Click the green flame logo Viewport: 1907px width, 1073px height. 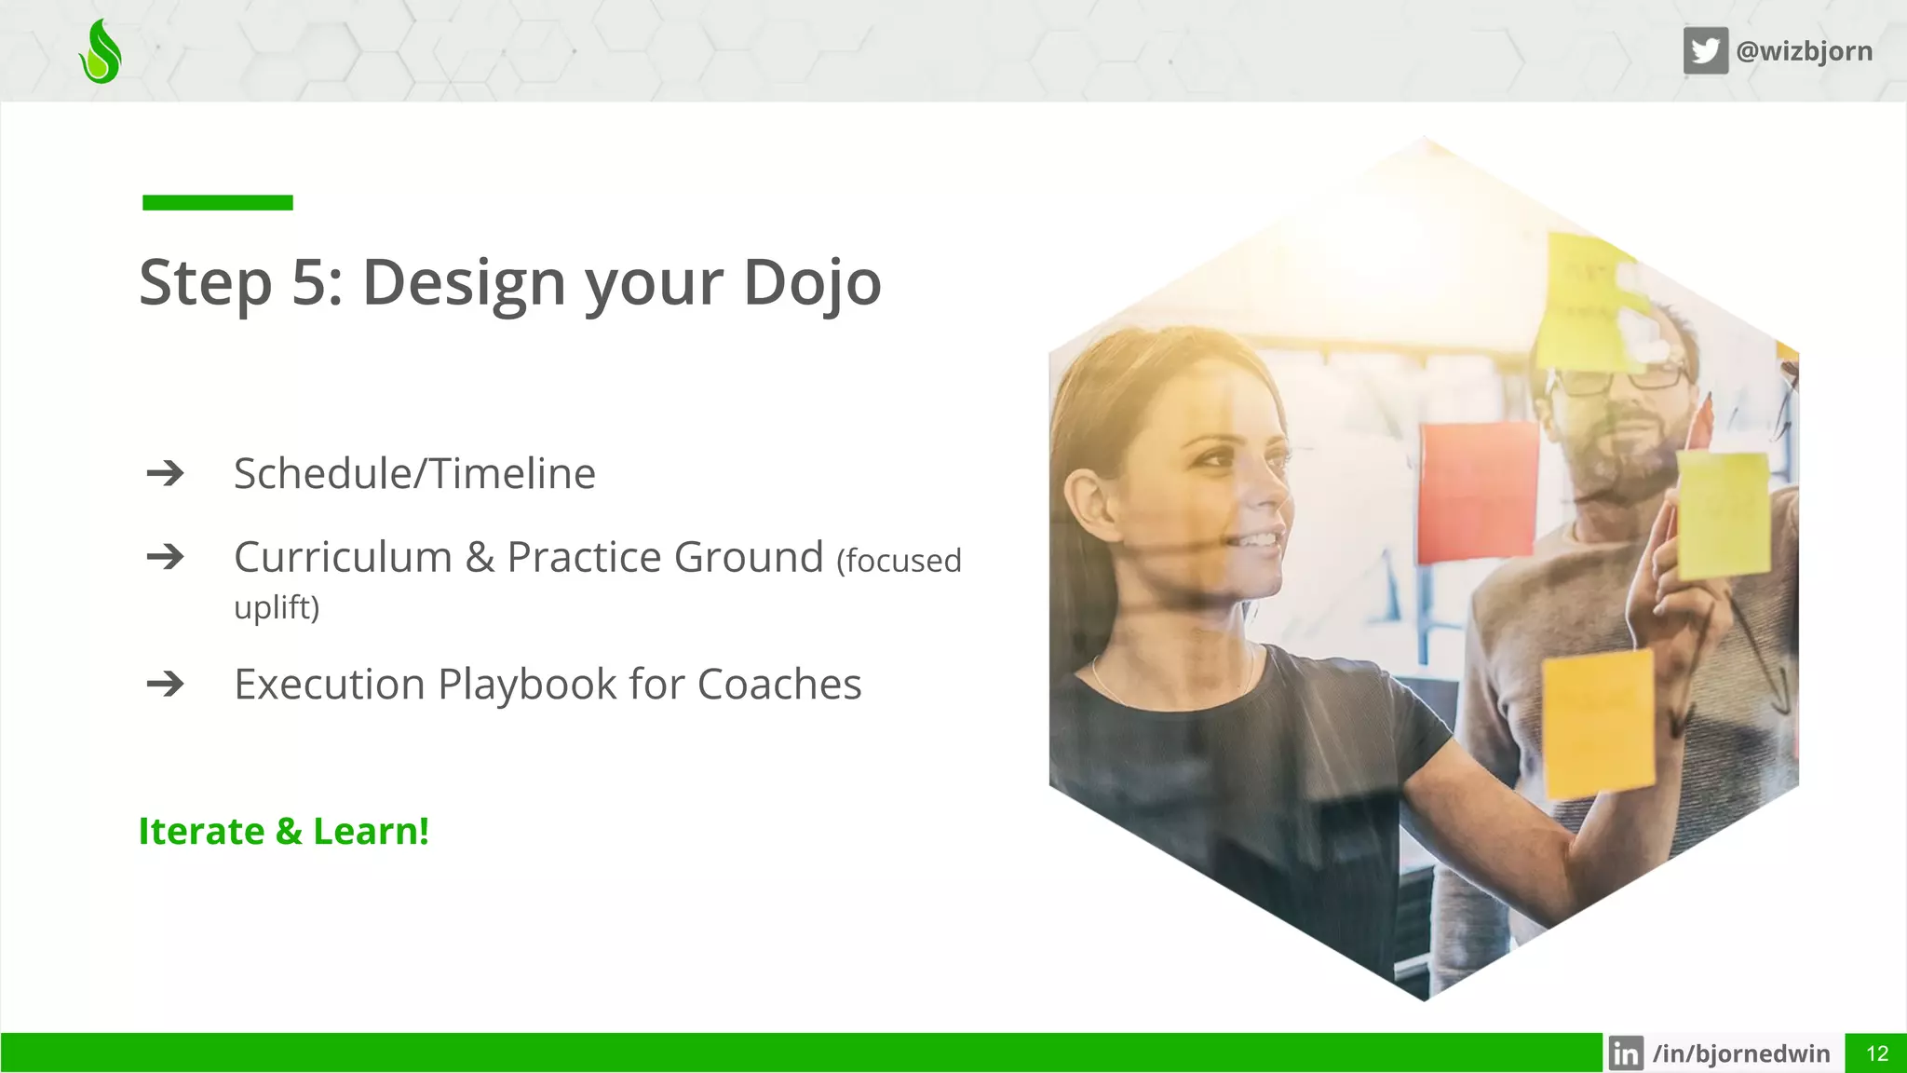101,52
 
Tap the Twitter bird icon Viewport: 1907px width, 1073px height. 1705,50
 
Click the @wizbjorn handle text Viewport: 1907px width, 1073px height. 1804,50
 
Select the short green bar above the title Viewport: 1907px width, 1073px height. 217,202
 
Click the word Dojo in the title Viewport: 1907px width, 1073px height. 812,283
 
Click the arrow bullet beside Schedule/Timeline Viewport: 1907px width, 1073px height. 166,473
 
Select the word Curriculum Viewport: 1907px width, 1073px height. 343,557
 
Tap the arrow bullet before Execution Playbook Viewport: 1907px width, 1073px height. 166,685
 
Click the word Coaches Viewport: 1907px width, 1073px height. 778,685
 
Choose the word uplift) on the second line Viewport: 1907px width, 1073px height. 277,607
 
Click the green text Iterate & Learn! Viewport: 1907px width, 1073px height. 283,831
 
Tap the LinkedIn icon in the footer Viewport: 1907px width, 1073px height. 1626,1053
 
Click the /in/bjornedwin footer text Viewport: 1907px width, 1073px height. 1740,1053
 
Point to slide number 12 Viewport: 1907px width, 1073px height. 1876,1053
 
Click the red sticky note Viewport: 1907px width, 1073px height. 1477,490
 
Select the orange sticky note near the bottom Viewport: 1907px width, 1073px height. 1598,723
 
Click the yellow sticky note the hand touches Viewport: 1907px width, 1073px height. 1724,514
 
